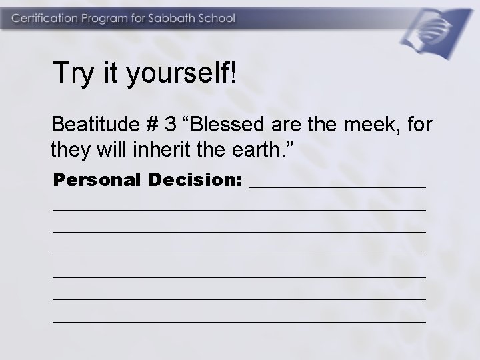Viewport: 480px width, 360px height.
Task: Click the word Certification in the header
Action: tap(43, 18)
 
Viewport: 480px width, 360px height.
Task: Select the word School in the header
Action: tap(217, 18)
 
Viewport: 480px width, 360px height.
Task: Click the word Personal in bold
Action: tap(97, 180)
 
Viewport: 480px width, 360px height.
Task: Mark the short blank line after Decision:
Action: tap(337, 187)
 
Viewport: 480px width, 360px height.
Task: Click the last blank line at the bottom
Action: tap(239, 321)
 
